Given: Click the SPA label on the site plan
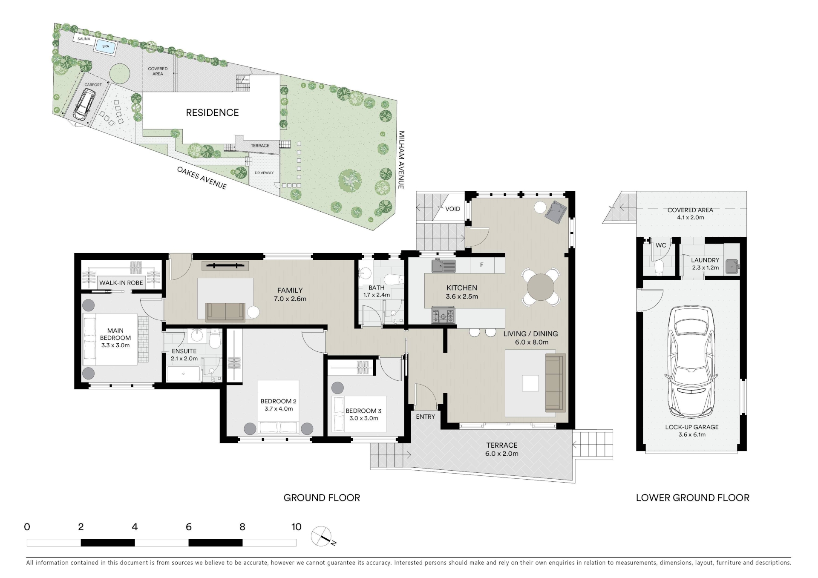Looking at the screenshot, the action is point(106,46).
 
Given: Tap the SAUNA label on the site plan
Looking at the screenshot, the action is point(84,39).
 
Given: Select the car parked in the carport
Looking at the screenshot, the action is point(84,106).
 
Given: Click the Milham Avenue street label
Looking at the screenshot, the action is point(400,160).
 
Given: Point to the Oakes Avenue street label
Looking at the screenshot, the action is point(202,178).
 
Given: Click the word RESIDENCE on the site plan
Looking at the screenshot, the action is point(212,112).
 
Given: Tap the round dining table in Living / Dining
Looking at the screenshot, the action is point(541,287).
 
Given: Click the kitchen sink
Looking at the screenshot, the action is point(444,266).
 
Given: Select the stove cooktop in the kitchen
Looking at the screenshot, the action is point(443,316).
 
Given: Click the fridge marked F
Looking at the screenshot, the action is point(482,265).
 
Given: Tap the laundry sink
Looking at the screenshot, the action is point(731,265).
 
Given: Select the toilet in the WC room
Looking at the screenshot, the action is point(659,267).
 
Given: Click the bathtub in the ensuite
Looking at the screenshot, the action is point(183,374).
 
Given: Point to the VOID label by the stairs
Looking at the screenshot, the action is point(452,209).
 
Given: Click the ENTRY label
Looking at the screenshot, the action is point(425,417).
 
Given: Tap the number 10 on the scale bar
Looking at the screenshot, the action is point(297,527).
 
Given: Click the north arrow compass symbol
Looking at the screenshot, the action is point(322,537).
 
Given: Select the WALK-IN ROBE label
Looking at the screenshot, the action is point(121,283).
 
